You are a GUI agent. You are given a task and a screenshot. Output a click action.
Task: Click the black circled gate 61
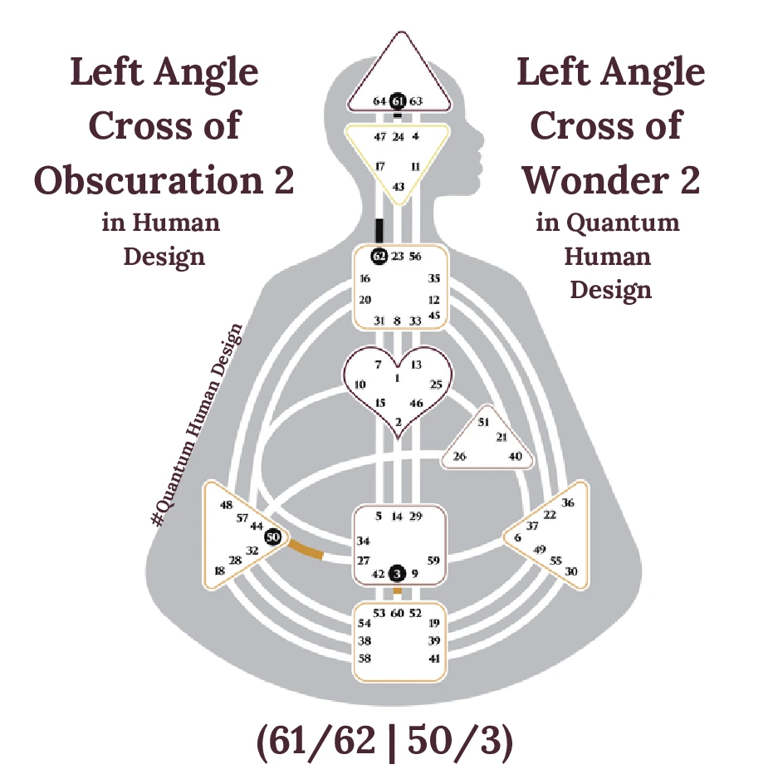399,100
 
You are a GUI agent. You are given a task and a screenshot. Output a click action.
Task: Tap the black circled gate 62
379,256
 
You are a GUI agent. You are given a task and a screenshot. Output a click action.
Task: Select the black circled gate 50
272,537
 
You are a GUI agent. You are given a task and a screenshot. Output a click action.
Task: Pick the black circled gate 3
397,573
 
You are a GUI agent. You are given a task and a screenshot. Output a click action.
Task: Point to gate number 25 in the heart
436,384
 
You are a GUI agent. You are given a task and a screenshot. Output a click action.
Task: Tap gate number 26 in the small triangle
458,456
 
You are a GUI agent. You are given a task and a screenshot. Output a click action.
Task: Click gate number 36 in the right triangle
568,502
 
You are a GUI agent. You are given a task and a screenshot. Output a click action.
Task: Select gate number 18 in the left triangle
220,571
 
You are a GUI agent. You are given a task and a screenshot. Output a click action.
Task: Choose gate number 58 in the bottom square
364,658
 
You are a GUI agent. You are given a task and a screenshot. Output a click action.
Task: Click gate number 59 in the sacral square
433,560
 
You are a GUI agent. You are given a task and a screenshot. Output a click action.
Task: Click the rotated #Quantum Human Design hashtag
198,424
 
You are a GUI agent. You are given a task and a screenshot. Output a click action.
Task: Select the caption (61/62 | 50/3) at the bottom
385,741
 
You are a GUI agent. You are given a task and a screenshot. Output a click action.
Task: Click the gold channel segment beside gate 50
305,551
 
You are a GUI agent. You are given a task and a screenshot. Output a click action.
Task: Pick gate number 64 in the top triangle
379,101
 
